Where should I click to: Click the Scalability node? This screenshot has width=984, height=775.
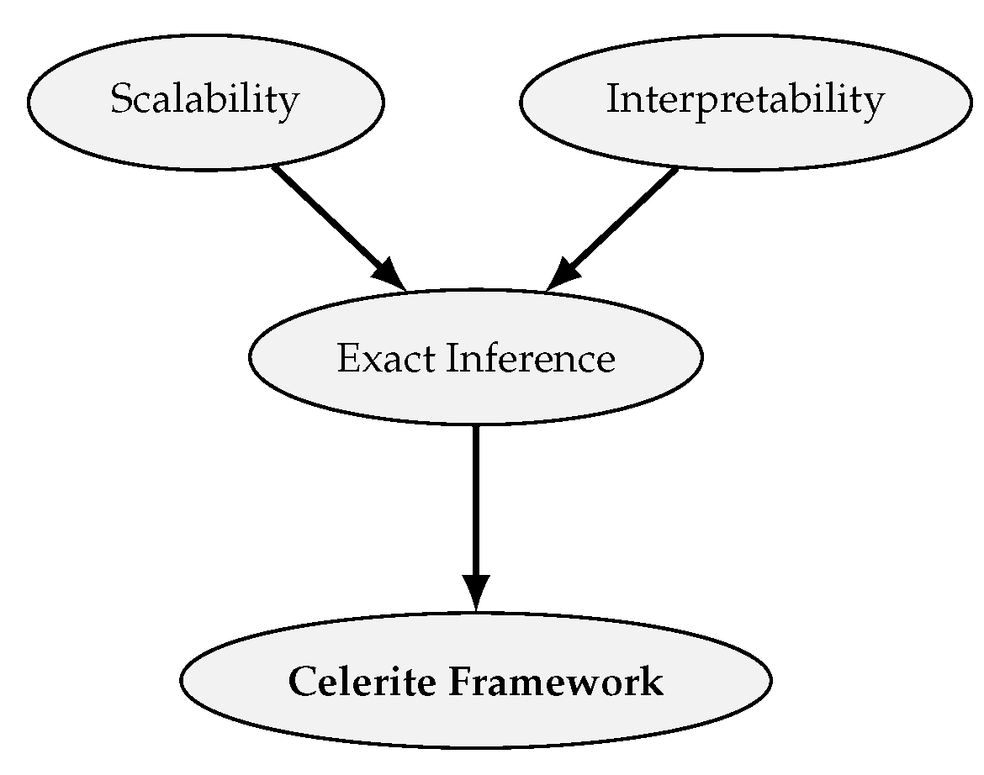pos(206,102)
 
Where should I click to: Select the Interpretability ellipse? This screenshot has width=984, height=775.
pos(744,102)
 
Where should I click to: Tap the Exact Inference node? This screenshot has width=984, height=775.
pos(475,358)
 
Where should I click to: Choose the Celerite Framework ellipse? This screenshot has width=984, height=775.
pos(475,681)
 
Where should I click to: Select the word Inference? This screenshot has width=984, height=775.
pos(531,359)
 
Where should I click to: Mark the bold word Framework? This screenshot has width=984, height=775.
pos(555,682)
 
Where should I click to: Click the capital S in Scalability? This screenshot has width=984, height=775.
pos(121,100)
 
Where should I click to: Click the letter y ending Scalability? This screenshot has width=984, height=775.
pos(288,104)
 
